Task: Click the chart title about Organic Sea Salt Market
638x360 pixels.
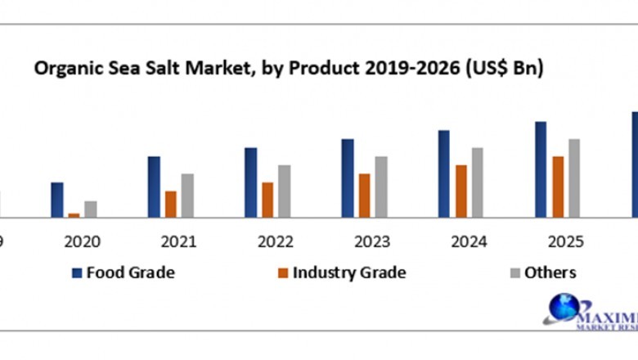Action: tap(288, 69)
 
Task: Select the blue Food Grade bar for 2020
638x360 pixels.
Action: tap(56, 200)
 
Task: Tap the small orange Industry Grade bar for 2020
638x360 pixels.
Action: tap(74, 215)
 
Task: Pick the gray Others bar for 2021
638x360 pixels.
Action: tap(187, 196)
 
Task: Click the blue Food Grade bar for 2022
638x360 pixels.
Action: tap(250, 182)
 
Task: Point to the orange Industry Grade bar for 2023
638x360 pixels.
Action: tap(364, 196)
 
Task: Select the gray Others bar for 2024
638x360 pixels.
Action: tap(478, 182)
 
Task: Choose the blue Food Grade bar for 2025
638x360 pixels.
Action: tap(541, 169)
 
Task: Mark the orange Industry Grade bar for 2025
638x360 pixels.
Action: tap(558, 187)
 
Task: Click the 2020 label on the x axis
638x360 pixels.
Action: tap(82, 241)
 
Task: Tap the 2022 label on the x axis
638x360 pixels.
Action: tap(275, 241)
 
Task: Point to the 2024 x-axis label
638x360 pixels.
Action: tap(469, 241)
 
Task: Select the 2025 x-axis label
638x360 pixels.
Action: tap(565, 241)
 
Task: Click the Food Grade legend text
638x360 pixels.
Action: tap(130, 273)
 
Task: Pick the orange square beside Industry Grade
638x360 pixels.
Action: tap(283, 273)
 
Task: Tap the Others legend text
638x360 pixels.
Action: tap(550, 273)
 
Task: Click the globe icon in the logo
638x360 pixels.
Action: tap(563, 308)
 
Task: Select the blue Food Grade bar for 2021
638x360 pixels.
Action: tap(154, 187)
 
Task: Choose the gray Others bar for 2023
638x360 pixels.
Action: tap(381, 187)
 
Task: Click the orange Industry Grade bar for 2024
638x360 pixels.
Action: tap(461, 191)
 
